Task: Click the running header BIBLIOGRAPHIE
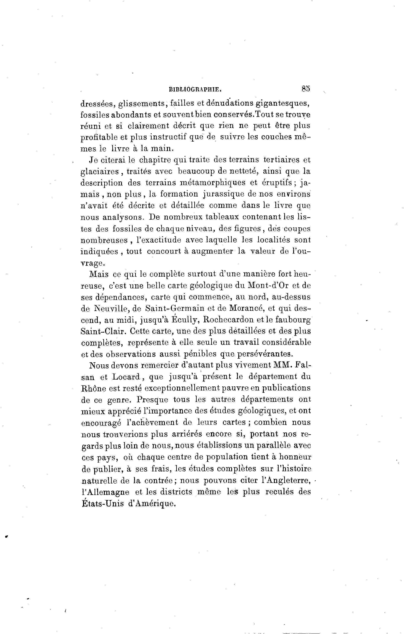[x=195, y=90]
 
